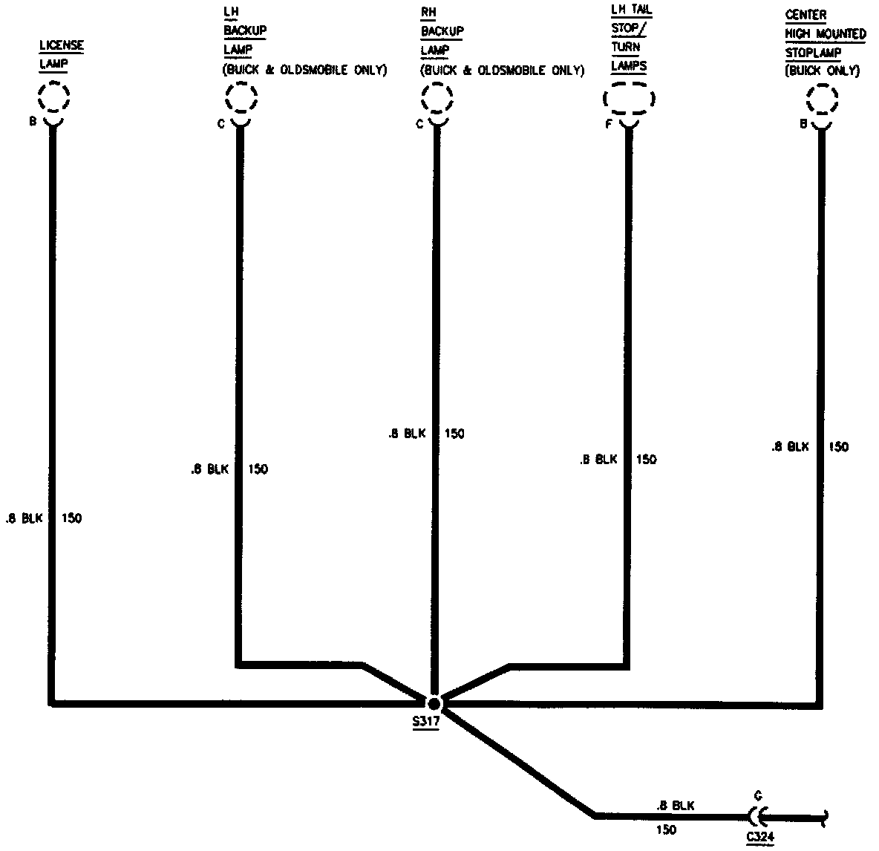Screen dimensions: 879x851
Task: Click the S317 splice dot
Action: pos(434,702)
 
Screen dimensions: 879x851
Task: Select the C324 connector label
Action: pos(761,836)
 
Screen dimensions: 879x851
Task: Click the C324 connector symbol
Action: pos(756,817)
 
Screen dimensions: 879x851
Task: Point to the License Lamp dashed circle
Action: pos(54,97)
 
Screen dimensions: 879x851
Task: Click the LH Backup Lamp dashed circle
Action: pos(241,97)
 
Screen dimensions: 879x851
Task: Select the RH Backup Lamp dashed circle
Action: pos(437,97)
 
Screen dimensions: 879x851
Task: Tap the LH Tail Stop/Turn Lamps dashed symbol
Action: pos(630,98)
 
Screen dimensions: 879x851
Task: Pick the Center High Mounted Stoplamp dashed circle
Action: pos(821,98)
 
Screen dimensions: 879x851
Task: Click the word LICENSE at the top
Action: pos(61,46)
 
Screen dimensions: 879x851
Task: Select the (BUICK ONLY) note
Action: pos(822,71)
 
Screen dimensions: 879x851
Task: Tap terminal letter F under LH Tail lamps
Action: pos(608,124)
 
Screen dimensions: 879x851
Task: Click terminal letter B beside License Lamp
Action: pos(33,121)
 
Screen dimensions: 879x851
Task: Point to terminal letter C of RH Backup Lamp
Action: pos(419,124)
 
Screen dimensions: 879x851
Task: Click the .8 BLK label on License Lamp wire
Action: pos(24,518)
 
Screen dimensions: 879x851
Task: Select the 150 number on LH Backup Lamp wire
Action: pos(258,469)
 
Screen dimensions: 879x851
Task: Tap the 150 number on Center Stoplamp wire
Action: pos(838,447)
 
